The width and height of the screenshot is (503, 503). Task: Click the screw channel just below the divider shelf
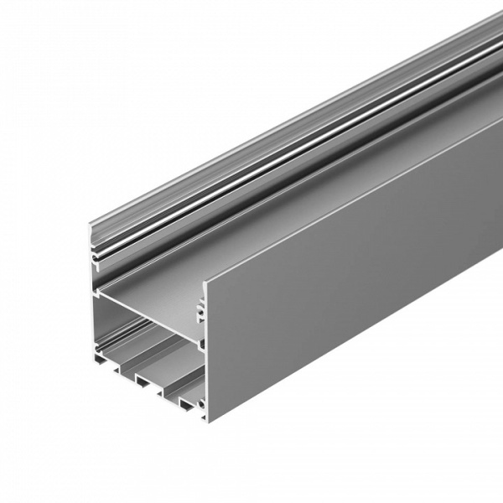pos(200,343)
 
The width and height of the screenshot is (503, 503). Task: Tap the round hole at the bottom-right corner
pos(201,408)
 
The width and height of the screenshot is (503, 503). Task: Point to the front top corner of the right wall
pos(206,277)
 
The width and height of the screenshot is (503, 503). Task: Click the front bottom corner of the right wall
pos(207,414)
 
